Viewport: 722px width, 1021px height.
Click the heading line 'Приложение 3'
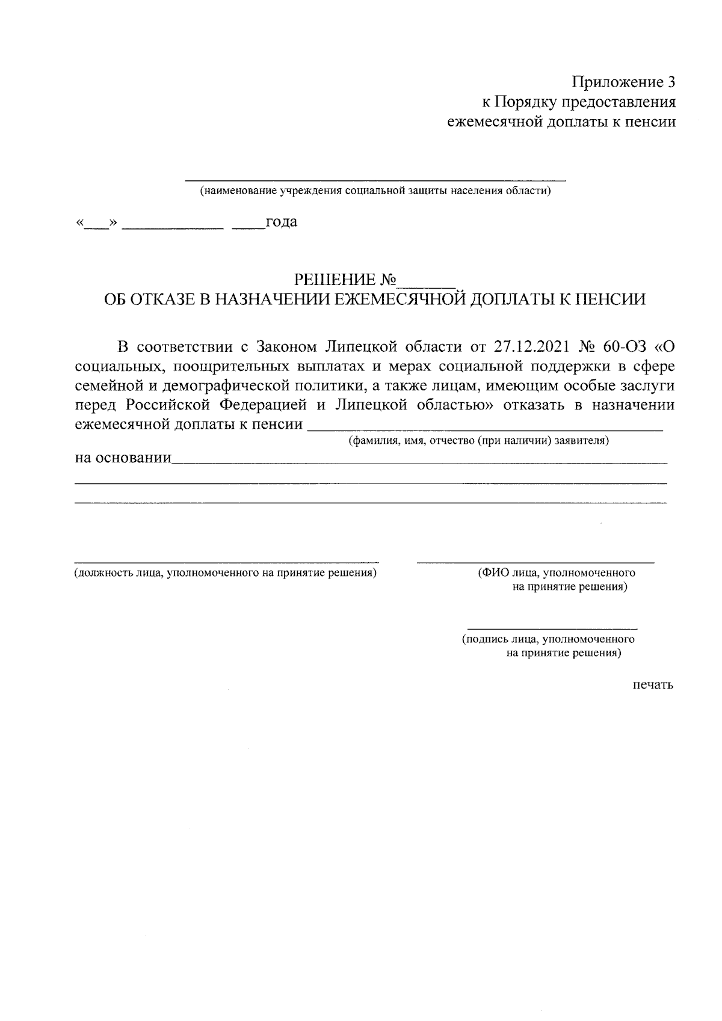(623, 82)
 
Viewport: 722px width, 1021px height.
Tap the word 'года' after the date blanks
(282, 222)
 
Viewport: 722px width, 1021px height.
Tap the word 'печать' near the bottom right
(653, 685)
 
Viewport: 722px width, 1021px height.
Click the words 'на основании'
(123, 459)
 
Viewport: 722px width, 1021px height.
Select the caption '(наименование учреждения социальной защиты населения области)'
(375, 191)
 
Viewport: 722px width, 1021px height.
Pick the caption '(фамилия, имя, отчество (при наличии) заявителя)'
(479, 441)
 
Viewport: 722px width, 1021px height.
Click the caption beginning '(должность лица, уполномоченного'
(226, 573)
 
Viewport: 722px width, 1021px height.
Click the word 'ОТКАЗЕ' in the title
(158, 299)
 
